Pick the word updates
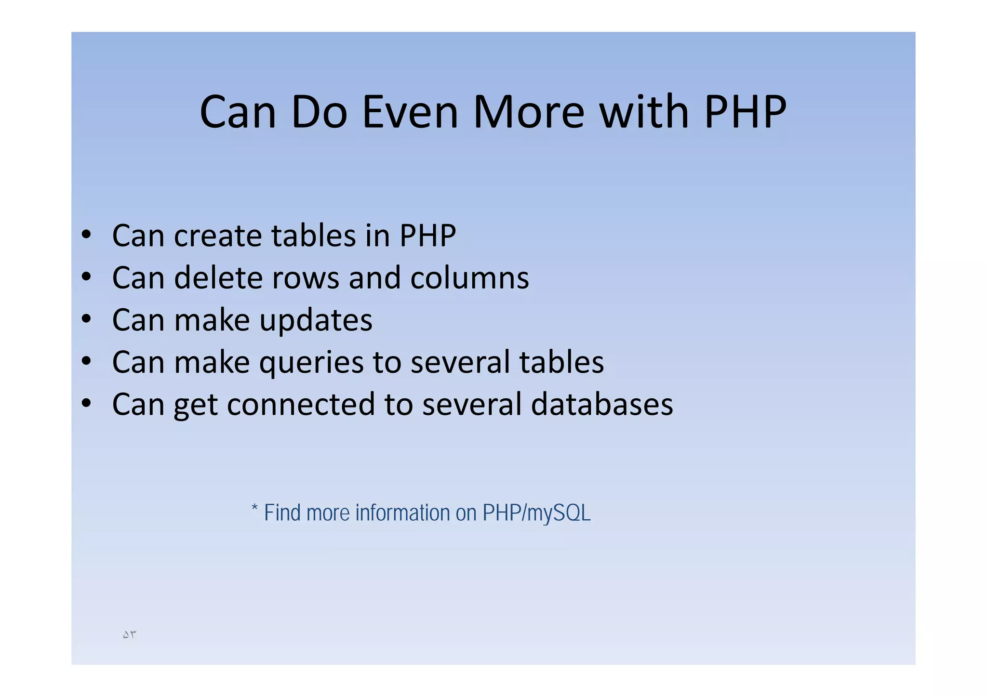tap(316, 320)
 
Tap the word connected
tap(301, 404)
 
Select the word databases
tap(602, 404)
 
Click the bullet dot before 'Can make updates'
tap(86, 319)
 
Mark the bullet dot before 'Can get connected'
tap(86, 403)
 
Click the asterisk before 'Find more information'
tap(255, 509)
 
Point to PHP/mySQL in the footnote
tap(536, 513)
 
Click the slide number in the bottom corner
tap(129, 635)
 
